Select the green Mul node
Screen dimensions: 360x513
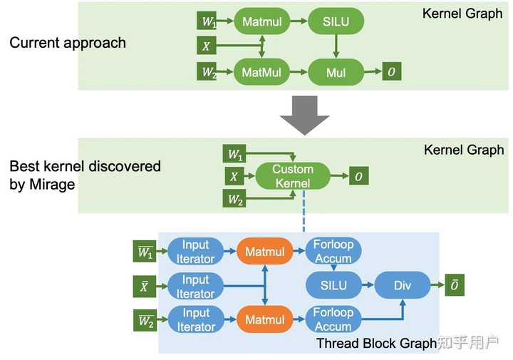click(336, 71)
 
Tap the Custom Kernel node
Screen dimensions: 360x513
click(293, 176)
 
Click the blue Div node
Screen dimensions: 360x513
click(403, 285)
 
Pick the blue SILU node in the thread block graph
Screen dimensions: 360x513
click(333, 285)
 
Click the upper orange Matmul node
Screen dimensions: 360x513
click(265, 251)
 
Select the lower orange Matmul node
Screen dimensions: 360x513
click(265, 320)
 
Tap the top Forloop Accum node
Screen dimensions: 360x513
click(333, 251)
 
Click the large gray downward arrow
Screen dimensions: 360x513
click(304, 114)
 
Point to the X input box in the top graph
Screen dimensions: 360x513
click(207, 46)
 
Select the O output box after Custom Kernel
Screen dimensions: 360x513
click(358, 176)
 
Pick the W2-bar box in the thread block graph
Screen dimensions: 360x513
click(146, 320)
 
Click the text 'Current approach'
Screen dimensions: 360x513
click(68, 42)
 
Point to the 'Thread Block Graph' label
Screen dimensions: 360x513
click(376, 344)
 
